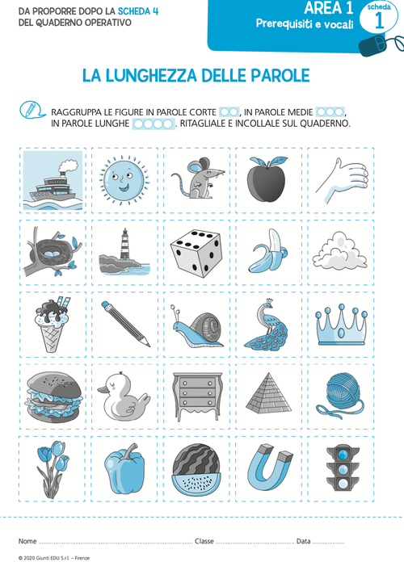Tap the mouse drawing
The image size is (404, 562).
pyautogui.click(x=197, y=178)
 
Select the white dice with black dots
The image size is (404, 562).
pyautogui.click(x=196, y=254)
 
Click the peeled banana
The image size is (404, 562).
pyautogui.click(x=268, y=251)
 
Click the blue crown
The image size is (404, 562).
pyautogui.click(x=341, y=325)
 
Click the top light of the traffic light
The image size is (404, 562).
pyautogui.click(x=343, y=455)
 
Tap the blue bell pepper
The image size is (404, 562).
pyautogui.click(x=124, y=468)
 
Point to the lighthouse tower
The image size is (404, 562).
pyautogui.click(x=125, y=244)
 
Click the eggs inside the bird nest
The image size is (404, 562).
pyautogui.click(x=53, y=253)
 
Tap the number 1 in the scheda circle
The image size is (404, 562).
pyautogui.click(x=379, y=21)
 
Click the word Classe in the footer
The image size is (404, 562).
pyautogui.click(x=204, y=541)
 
